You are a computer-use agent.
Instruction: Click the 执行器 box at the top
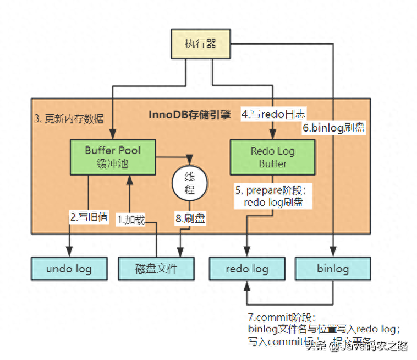tap(200, 44)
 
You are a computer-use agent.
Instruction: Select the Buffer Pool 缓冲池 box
tap(113, 156)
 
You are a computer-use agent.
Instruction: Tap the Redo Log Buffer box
tap(272, 156)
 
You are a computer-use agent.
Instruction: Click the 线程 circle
tap(190, 183)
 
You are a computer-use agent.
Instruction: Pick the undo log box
tap(69, 269)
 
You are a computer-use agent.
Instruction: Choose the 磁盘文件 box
tap(156, 269)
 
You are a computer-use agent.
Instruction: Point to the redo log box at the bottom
tap(247, 269)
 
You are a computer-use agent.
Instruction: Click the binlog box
tap(333, 269)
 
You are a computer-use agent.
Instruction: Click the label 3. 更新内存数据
tap(69, 119)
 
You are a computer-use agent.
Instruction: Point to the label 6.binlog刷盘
tap(333, 127)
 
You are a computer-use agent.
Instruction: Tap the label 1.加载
tap(131, 220)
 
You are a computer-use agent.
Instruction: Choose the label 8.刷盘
tap(190, 219)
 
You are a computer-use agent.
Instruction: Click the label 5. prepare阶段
tap(273, 190)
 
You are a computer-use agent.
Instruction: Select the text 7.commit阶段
tap(281, 318)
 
